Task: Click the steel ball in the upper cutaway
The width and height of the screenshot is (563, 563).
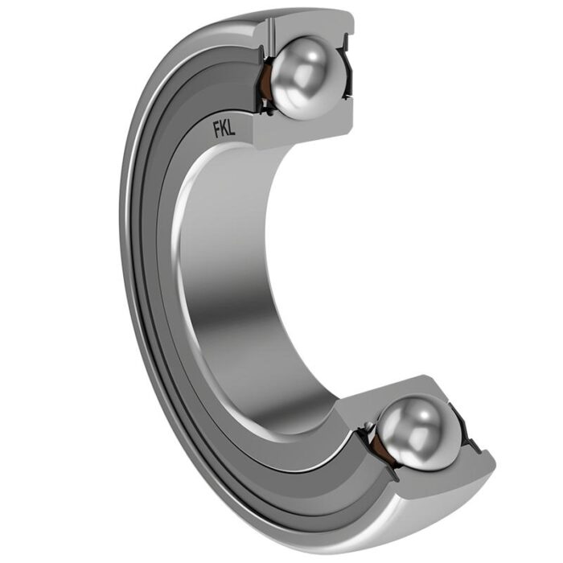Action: (308, 77)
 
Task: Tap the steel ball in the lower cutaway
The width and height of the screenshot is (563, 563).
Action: (419, 433)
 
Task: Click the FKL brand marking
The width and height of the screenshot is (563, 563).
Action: (224, 129)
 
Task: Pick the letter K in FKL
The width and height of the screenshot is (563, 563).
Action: (224, 129)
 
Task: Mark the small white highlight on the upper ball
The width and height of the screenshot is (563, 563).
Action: (313, 56)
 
